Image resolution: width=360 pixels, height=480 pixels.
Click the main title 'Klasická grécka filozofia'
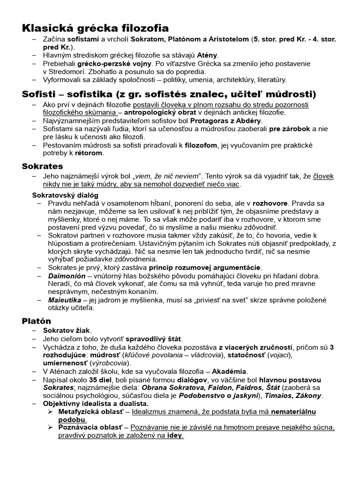[95, 29]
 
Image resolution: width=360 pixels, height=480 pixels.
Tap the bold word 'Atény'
[207, 56]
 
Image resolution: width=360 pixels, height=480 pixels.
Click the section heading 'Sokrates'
[43, 166]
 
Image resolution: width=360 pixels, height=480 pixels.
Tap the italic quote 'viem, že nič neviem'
[167, 176]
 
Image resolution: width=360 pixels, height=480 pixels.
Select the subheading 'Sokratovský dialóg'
[65, 195]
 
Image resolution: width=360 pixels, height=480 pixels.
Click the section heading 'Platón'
[37, 321]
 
